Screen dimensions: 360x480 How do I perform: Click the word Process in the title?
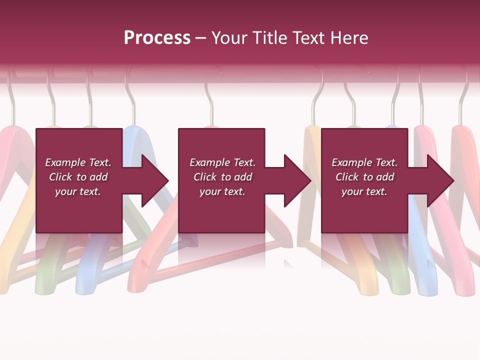[157, 38]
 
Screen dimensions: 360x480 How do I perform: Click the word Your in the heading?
[229, 38]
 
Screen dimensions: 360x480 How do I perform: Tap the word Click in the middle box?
[205, 177]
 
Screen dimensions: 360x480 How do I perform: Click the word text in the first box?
[90, 191]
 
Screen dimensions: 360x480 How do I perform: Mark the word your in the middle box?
[210, 191]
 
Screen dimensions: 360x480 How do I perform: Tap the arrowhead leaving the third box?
[439, 180]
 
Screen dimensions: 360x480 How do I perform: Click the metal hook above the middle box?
[208, 102]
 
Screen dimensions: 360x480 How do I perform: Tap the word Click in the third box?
[347, 177]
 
